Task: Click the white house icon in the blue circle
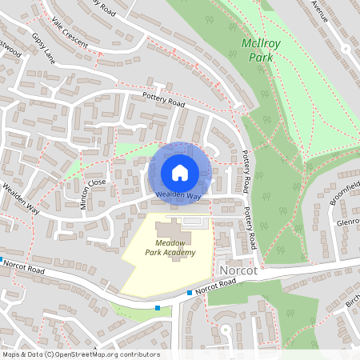coord(180,172)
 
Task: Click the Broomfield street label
coord(346,192)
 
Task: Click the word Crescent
coord(76,36)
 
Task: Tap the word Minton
coord(86,198)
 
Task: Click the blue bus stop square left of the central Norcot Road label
coord(190,293)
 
